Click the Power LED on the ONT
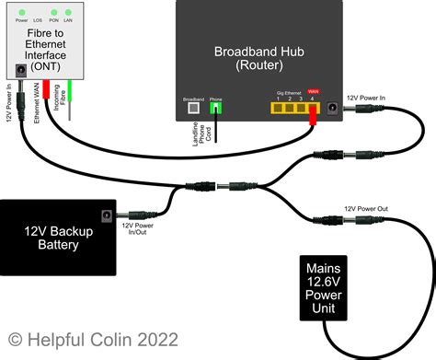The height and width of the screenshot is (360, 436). pos(21,12)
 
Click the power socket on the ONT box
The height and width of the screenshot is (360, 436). pos(21,71)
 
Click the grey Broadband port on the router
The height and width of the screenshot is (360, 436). pos(193,107)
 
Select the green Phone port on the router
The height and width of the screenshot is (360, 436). pos(216,107)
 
